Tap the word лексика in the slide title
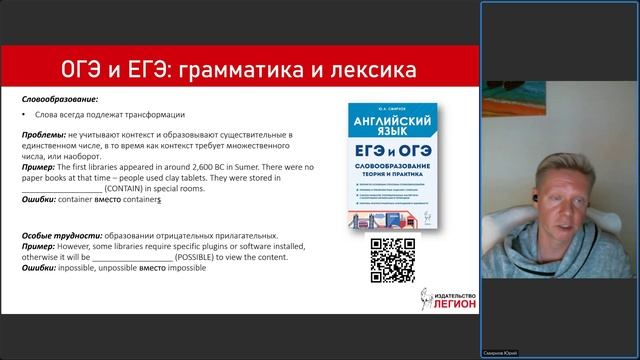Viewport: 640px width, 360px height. pyautogui.click(x=368, y=71)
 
